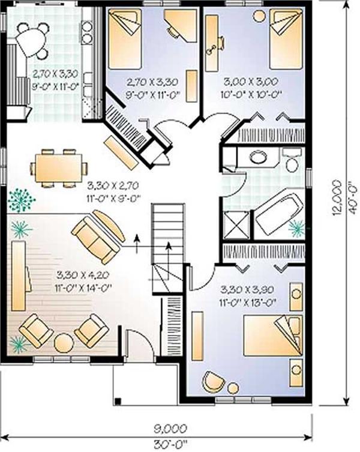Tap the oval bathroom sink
click(x=258, y=157)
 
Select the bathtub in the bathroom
click(x=278, y=215)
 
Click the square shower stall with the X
click(x=236, y=225)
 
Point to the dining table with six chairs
click(x=59, y=168)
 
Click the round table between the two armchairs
click(x=64, y=343)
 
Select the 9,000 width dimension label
click(x=169, y=429)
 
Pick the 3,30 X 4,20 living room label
click(x=83, y=276)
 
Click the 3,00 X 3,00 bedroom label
click(x=251, y=82)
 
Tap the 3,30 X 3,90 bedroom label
click(x=247, y=289)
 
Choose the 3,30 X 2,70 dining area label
click(x=113, y=185)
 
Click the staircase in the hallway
click(x=168, y=248)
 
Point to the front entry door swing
click(x=140, y=343)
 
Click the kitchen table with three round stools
click(x=32, y=40)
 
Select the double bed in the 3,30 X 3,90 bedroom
click(x=272, y=336)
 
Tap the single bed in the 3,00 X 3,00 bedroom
click(x=287, y=38)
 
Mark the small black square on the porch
click(x=118, y=400)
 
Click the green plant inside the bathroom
click(x=296, y=228)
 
